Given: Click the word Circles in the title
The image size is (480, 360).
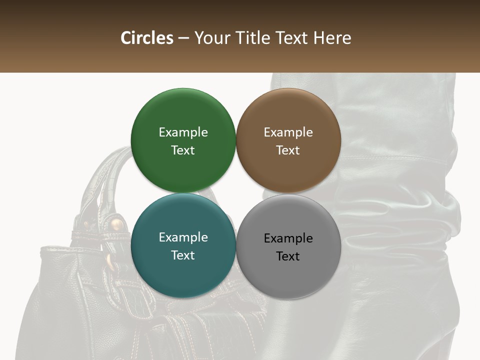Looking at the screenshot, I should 147,38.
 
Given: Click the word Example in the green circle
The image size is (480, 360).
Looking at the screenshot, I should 183,132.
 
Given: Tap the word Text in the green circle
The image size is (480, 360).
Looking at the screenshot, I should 183,150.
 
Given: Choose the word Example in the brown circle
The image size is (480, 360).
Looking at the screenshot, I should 288,132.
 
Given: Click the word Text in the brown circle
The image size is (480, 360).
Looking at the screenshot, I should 288,150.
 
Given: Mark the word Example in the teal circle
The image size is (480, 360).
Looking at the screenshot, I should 183,237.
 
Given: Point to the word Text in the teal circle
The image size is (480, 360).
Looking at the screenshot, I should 183,255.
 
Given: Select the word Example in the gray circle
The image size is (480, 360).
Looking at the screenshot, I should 288,238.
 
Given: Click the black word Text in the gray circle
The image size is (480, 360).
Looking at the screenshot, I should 288,256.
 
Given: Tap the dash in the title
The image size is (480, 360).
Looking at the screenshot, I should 183,38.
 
